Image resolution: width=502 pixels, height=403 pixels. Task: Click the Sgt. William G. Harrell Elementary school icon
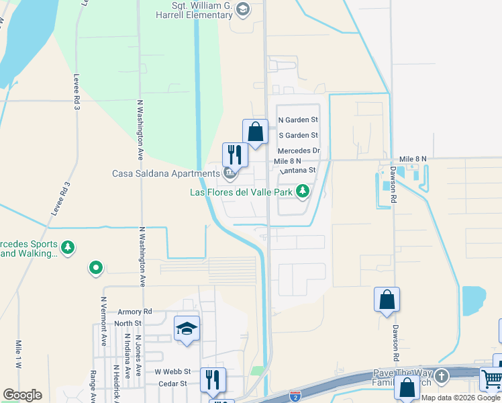click(x=242, y=9)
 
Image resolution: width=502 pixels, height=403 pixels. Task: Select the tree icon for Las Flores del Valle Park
click(x=303, y=192)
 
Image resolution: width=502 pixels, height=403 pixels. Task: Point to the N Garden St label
click(x=298, y=120)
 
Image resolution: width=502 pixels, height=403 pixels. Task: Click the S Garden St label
click(x=298, y=136)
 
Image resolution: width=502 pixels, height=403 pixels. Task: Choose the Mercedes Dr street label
click(x=299, y=151)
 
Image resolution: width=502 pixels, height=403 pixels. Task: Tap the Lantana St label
click(x=295, y=171)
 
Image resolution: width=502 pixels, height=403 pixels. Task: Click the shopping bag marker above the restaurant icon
click(x=255, y=131)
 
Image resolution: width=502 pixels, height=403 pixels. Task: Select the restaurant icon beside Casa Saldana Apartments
click(x=235, y=154)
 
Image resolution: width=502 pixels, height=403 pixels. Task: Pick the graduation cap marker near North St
click(x=187, y=328)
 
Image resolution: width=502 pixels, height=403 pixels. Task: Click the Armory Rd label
click(x=135, y=312)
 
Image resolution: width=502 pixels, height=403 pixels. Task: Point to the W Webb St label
click(x=173, y=371)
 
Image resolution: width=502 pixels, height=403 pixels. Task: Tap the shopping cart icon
click(x=491, y=379)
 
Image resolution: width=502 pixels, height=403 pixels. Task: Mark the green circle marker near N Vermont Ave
click(x=96, y=269)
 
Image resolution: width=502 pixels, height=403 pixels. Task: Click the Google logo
click(x=22, y=395)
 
